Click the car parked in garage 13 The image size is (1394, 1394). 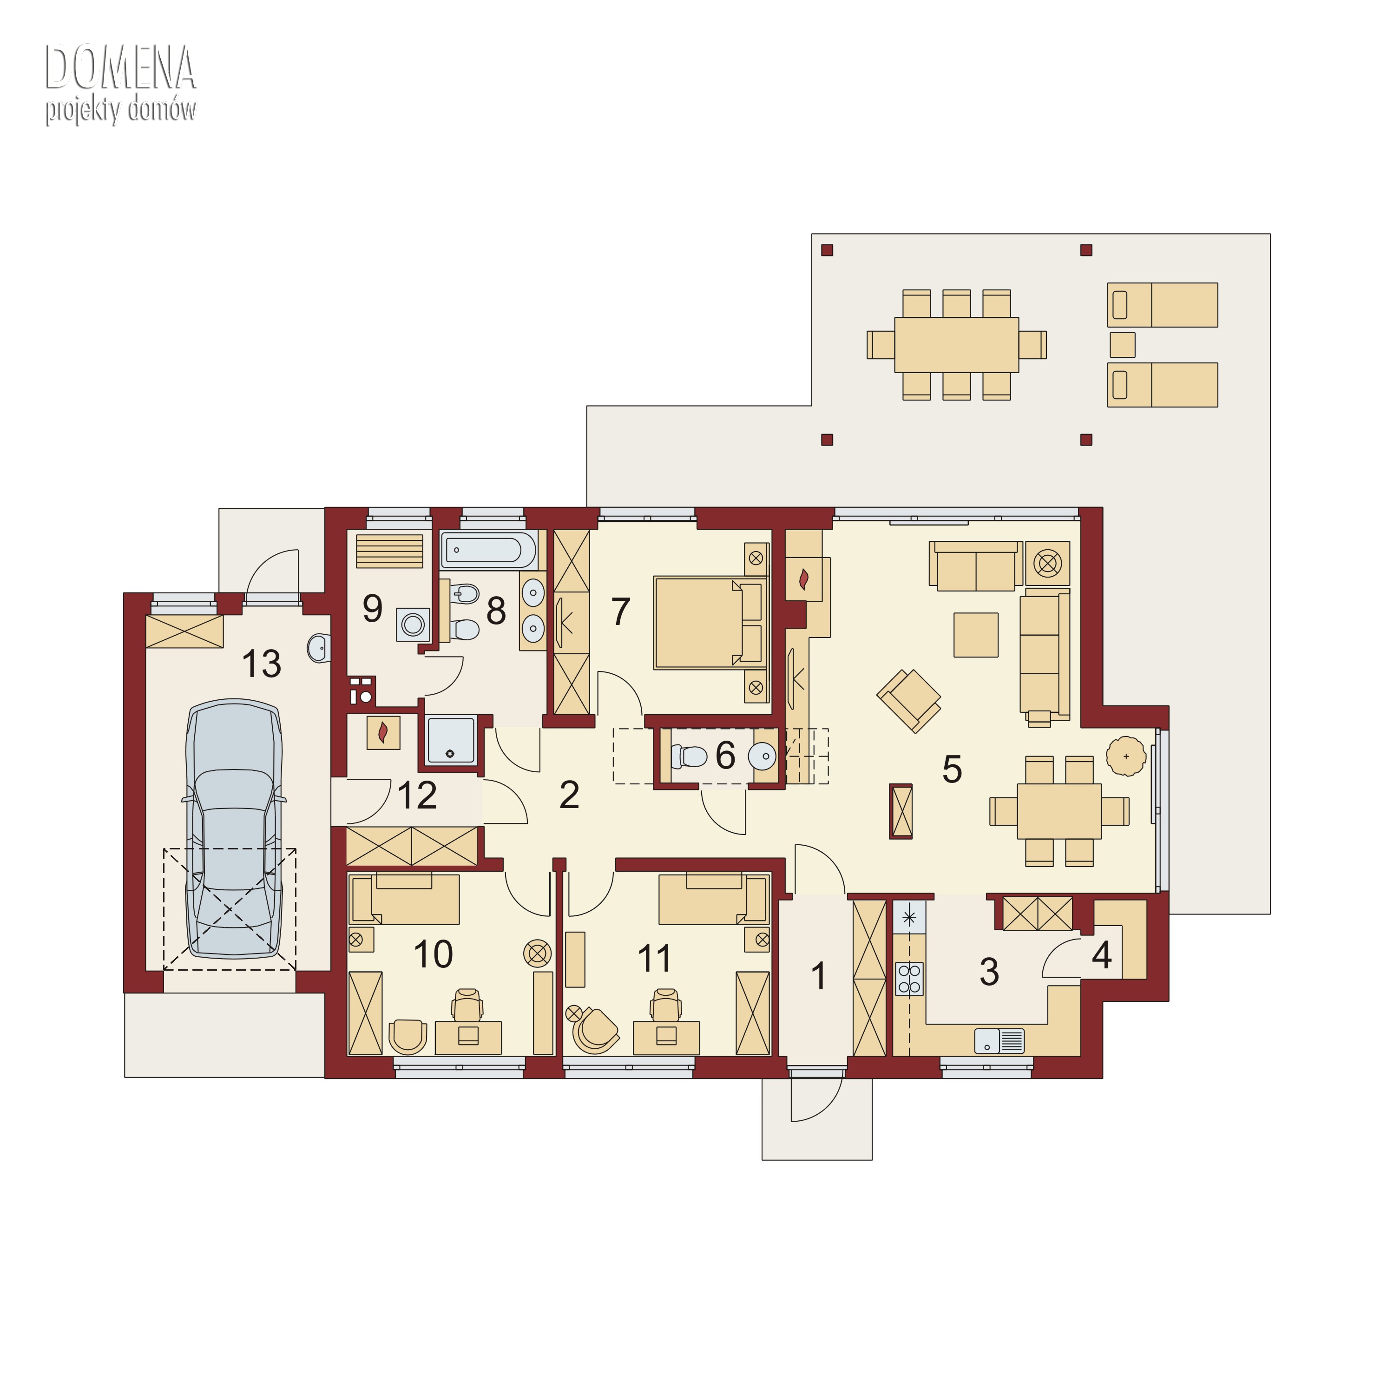click(x=234, y=830)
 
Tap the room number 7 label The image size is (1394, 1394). click(x=620, y=612)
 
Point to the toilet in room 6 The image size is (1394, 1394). click(x=689, y=756)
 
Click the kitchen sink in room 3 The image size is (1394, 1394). click(x=999, y=1040)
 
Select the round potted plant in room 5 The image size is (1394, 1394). click(x=1125, y=756)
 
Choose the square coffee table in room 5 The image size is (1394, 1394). click(x=975, y=635)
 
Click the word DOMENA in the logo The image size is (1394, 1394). click(x=120, y=67)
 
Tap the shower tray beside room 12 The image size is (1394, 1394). click(x=451, y=740)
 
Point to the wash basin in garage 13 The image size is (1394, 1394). click(x=318, y=648)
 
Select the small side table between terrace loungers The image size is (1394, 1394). click(x=1122, y=345)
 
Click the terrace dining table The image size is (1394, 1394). click(x=956, y=345)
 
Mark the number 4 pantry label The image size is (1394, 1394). click(x=1101, y=955)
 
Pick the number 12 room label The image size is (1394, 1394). click(x=417, y=795)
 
